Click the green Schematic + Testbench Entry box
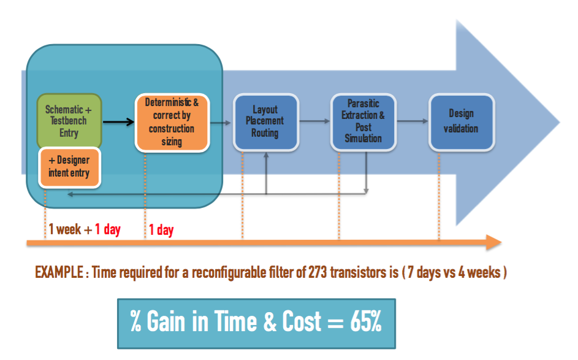pos(69,121)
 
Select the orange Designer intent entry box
pos(70,167)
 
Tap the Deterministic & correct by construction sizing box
pos(172,123)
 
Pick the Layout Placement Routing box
pos(266,121)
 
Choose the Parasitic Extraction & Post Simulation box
pos(363,121)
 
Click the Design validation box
pos(462,121)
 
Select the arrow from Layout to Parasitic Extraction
pos(314,121)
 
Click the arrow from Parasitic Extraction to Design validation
pos(413,121)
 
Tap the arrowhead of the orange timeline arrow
pos(494,242)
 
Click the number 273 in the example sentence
pos(318,272)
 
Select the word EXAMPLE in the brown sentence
pos(59,272)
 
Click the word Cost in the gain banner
pos(302,321)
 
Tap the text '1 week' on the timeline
pos(65,229)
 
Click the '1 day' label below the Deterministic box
pos(161,229)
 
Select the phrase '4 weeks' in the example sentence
pos(479,272)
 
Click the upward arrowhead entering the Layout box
pos(266,155)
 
